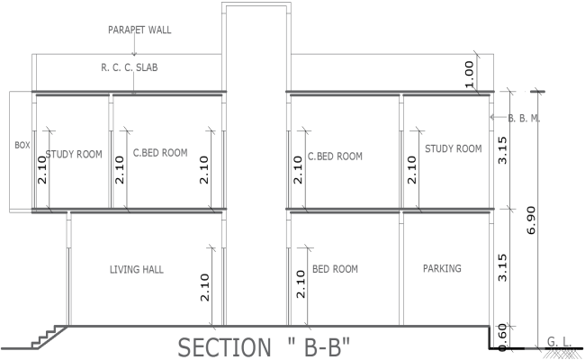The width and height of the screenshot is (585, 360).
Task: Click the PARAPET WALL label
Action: click(139, 29)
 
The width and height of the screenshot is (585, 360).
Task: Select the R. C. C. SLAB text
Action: click(129, 67)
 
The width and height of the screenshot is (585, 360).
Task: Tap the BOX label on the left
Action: click(22, 144)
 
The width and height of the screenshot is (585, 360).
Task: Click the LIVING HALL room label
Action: click(137, 269)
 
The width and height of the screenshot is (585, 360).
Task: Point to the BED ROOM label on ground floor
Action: click(335, 269)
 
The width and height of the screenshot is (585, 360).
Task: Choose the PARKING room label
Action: click(441, 268)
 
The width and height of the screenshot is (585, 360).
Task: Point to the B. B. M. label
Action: click(523, 118)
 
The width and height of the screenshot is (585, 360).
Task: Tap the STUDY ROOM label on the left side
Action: click(74, 154)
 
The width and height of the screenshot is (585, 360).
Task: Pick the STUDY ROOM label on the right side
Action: click(454, 148)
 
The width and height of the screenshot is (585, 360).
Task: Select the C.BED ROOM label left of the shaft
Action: click(160, 153)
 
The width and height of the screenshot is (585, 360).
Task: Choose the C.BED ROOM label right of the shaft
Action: click(335, 156)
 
